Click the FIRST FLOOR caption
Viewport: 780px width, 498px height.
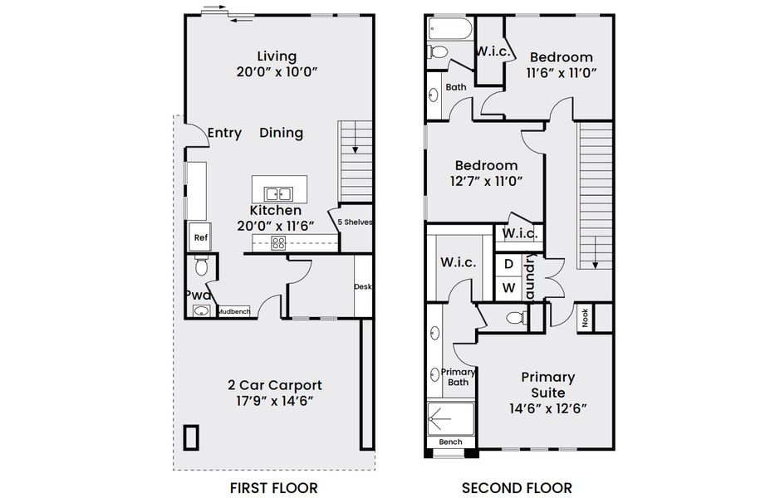(273, 487)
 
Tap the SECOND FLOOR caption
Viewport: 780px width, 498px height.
(517, 487)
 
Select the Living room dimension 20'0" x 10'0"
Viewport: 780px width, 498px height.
(277, 72)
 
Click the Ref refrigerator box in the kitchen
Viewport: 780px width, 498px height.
(199, 237)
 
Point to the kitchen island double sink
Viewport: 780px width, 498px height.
(278, 194)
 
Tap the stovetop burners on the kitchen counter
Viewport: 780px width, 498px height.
(278, 243)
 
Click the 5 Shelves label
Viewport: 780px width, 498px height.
(355, 222)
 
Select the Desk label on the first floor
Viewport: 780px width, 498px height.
(362, 286)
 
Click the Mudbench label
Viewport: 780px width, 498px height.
(233, 311)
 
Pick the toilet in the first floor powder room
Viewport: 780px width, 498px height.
(200, 267)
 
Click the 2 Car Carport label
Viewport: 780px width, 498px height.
(275, 385)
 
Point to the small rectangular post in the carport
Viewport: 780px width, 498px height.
(192, 437)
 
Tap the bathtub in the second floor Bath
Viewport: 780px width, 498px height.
(450, 31)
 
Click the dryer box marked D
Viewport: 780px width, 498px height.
(508, 264)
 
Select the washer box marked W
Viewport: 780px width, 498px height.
(508, 288)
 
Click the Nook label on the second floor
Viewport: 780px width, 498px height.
(585, 317)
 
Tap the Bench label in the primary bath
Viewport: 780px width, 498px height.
(450, 442)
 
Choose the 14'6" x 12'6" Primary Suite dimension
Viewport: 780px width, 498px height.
(547, 408)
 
